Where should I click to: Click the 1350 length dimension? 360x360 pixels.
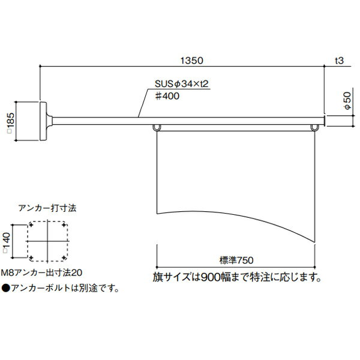[192, 61]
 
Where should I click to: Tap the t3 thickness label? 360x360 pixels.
[338, 61]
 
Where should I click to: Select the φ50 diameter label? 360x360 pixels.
[347, 99]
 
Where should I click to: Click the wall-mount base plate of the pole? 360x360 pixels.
[44, 121]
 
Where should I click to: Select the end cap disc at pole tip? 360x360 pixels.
[326, 121]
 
